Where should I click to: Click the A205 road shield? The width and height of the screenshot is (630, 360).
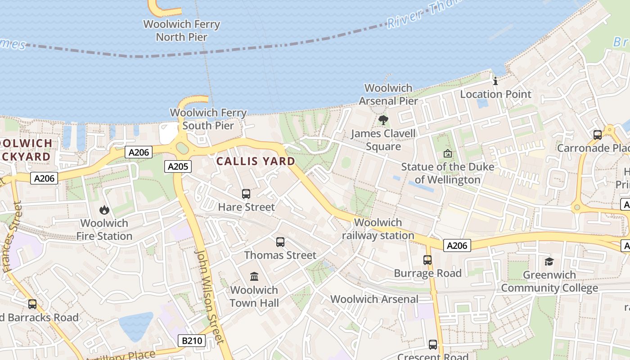pyautogui.click(x=178, y=166)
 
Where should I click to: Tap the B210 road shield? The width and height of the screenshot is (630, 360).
pyautogui.click(x=192, y=341)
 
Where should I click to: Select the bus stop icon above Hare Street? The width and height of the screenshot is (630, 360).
pyautogui.click(x=246, y=194)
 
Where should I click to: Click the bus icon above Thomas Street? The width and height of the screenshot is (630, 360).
pyautogui.click(x=280, y=242)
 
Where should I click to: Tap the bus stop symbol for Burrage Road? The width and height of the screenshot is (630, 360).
pyautogui.click(x=427, y=260)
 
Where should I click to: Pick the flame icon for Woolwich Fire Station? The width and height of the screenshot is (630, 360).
pyautogui.click(x=104, y=210)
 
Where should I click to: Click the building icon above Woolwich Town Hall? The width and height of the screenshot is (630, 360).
pyautogui.click(x=254, y=276)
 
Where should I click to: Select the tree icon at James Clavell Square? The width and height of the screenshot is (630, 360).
pyautogui.click(x=383, y=120)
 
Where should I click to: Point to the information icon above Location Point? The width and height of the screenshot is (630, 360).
pyautogui.click(x=495, y=81)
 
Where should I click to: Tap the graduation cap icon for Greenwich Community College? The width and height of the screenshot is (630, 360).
pyautogui.click(x=549, y=262)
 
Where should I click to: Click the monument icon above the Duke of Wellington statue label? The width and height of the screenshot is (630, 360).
pyautogui.click(x=447, y=153)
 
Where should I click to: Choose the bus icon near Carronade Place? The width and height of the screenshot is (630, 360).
pyautogui.click(x=598, y=135)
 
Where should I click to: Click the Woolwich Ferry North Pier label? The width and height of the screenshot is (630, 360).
pyautogui.click(x=182, y=30)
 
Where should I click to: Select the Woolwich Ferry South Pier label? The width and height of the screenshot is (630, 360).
pyautogui.click(x=208, y=119)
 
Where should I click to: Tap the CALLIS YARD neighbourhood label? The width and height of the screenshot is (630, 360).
pyautogui.click(x=256, y=161)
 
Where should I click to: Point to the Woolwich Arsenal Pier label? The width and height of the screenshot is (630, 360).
pyautogui.click(x=388, y=94)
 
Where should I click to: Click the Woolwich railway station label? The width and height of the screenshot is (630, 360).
pyautogui.click(x=378, y=229)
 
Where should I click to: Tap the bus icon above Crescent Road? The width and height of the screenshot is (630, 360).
pyautogui.click(x=433, y=345)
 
